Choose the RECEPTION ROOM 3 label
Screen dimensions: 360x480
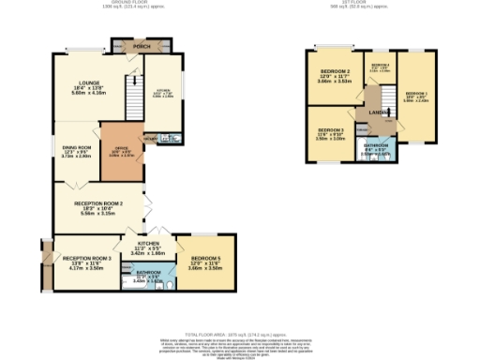tap(87, 258)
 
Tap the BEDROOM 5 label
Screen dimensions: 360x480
tap(206, 258)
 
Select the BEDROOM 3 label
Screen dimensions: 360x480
tap(330, 129)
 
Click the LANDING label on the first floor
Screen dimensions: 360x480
tap(379, 112)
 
